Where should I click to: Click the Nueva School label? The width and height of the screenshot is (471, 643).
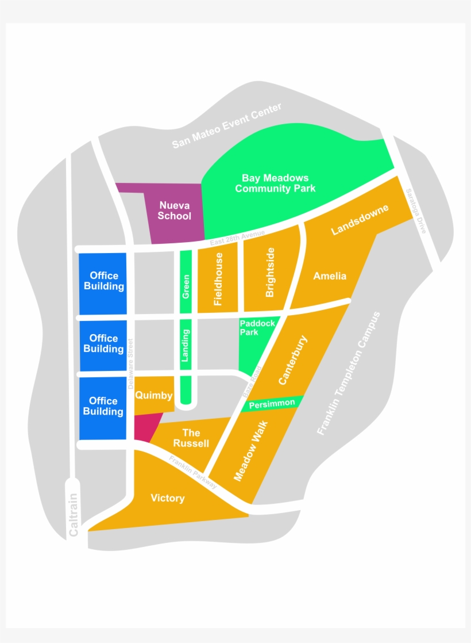[174, 210]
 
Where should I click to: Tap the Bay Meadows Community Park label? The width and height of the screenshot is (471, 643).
[275, 183]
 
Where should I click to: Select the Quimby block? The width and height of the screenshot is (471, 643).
[153, 395]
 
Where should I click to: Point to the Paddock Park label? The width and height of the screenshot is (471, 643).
[257, 328]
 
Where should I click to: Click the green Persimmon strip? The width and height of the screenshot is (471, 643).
[272, 404]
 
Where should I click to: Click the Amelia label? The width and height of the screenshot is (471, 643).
[330, 276]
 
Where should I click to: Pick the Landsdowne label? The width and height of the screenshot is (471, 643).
[360, 219]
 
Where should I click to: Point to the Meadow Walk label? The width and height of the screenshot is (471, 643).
[251, 450]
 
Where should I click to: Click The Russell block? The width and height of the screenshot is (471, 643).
[191, 438]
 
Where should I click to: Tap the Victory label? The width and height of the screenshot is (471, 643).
[168, 498]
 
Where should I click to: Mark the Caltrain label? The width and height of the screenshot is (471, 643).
[74, 515]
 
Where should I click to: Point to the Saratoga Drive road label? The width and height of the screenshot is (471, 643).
[415, 210]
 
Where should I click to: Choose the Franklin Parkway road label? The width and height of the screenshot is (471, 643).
[193, 472]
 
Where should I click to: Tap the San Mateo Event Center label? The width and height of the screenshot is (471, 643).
[227, 126]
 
